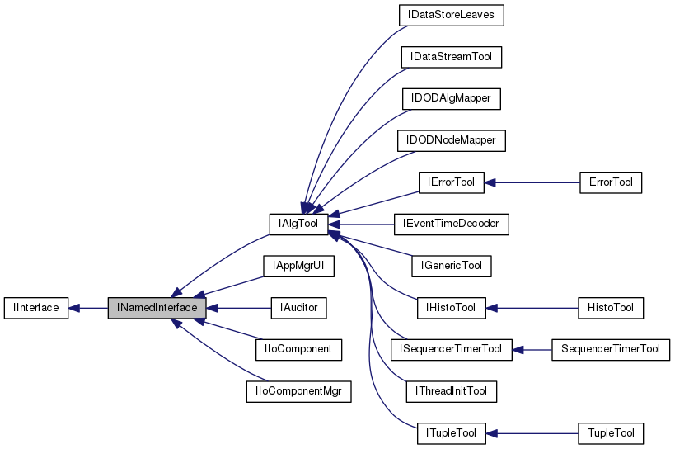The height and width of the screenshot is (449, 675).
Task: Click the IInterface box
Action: coord(35,308)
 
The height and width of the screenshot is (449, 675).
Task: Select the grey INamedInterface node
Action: coord(156,308)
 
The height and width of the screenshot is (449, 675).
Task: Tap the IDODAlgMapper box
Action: coord(451,98)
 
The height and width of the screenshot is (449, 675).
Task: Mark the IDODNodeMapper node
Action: coord(451,140)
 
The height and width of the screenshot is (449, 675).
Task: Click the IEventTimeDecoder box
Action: coord(451,224)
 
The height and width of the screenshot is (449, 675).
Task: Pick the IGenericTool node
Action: coord(451,266)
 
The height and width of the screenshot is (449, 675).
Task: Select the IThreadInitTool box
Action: coord(451,391)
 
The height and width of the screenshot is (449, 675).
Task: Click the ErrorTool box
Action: coord(610,182)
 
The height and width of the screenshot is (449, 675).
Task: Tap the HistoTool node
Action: coord(610,308)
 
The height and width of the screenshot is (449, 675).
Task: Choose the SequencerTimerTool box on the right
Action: coord(610,349)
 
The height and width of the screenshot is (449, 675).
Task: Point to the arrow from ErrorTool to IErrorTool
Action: coord(532,182)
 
